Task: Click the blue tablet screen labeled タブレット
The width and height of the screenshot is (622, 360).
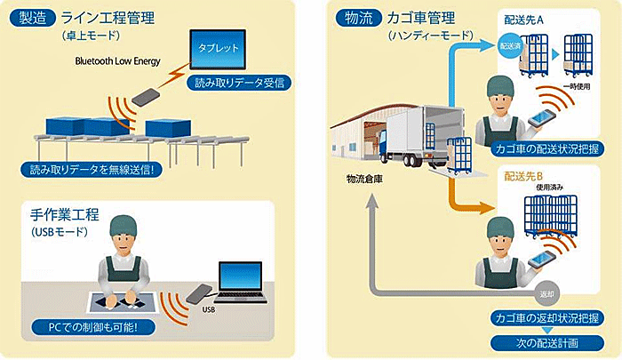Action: coord(218,50)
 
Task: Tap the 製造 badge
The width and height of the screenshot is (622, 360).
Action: coord(33,19)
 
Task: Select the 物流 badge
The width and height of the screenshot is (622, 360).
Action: coord(359,19)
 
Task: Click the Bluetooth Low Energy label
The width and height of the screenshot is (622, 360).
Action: coord(118,61)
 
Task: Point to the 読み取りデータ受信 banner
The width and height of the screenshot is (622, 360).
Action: coord(240,83)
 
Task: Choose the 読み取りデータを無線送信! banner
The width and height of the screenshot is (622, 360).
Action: coord(92,170)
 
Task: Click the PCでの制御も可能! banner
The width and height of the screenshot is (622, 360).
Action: coord(93,327)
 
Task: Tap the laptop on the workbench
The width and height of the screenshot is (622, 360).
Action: coord(240,282)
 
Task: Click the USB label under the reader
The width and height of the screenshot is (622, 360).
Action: coord(209,308)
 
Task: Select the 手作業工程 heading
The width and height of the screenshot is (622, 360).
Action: coord(65,215)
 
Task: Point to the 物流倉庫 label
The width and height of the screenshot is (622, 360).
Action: coord(364,179)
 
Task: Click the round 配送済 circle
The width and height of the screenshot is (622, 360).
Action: coord(511,46)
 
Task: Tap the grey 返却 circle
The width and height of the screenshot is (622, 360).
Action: coord(547,294)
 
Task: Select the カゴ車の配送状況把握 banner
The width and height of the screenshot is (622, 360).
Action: coord(547,149)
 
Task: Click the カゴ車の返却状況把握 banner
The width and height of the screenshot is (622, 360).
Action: coord(547,318)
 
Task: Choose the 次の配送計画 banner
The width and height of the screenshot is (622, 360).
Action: coord(547,343)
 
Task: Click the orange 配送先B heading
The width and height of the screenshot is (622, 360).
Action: coord(523,177)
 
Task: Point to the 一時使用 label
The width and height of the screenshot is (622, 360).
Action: coord(577,86)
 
